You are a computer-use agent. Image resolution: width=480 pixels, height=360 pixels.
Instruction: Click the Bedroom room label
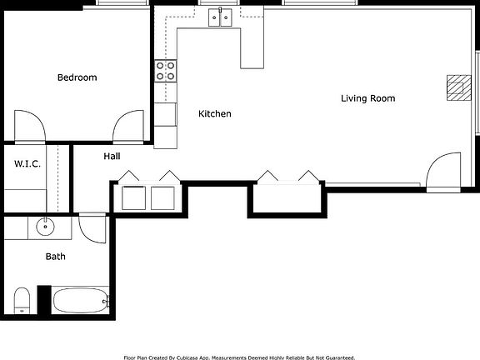(x=77, y=77)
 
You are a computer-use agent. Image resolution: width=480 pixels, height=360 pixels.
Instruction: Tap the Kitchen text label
(x=214, y=113)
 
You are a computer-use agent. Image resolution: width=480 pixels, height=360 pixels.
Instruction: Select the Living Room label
(x=367, y=98)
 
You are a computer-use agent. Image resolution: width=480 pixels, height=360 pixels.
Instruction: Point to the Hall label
(x=112, y=156)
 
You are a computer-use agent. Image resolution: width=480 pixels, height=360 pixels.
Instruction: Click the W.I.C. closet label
(x=27, y=164)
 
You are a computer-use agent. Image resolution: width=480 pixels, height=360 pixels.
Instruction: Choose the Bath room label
(x=55, y=257)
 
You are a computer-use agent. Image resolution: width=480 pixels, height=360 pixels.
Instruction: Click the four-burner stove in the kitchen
(x=166, y=71)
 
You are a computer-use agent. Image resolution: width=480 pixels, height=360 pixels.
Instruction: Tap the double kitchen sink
(x=220, y=17)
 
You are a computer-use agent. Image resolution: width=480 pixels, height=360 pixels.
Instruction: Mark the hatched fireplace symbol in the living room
(x=457, y=87)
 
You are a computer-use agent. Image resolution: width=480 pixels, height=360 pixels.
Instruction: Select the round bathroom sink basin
(x=45, y=226)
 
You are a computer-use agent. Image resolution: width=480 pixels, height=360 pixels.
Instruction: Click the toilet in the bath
(x=22, y=298)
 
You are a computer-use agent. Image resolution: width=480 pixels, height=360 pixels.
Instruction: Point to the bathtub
(x=80, y=300)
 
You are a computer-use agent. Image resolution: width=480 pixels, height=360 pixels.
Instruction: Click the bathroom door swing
(x=92, y=229)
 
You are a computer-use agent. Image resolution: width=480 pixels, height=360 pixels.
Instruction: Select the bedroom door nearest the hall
(x=129, y=127)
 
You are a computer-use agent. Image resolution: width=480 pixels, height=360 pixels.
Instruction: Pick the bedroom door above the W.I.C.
(x=27, y=127)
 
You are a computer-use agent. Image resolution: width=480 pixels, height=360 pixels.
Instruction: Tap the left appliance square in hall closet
(x=134, y=197)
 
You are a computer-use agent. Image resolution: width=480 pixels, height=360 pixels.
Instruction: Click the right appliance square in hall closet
(x=162, y=197)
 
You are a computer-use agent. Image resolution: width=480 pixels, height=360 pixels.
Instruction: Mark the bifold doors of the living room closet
(x=286, y=177)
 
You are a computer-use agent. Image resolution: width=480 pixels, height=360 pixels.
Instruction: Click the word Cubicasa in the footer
(x=212, y=357)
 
